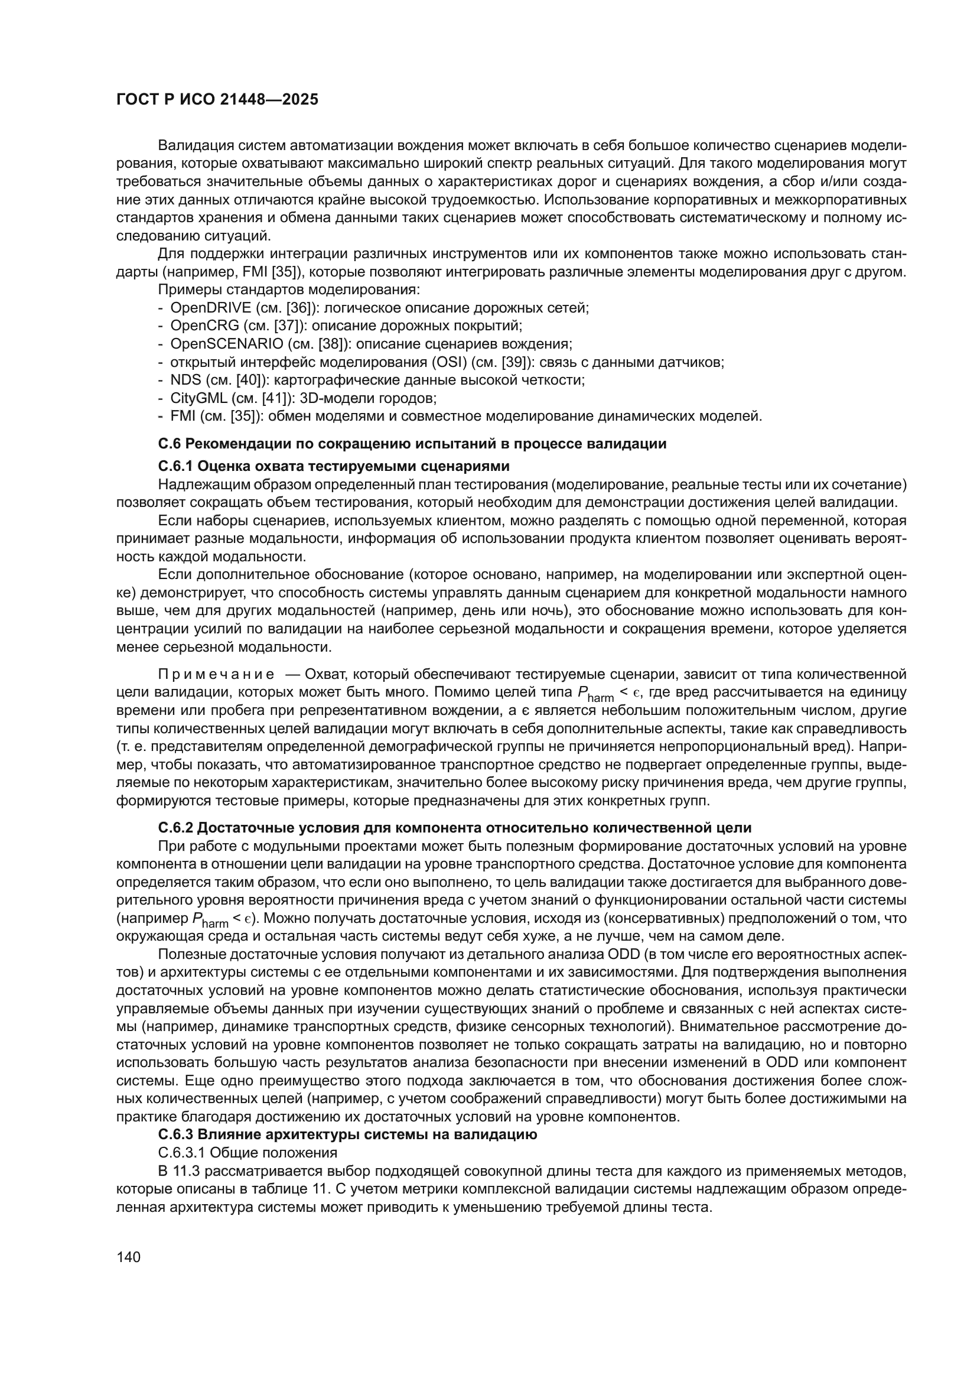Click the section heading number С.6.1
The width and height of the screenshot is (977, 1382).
pyautogui.click(x=175, y=466)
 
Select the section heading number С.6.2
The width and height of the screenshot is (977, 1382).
pyautogui.click(x=175, y=828)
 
